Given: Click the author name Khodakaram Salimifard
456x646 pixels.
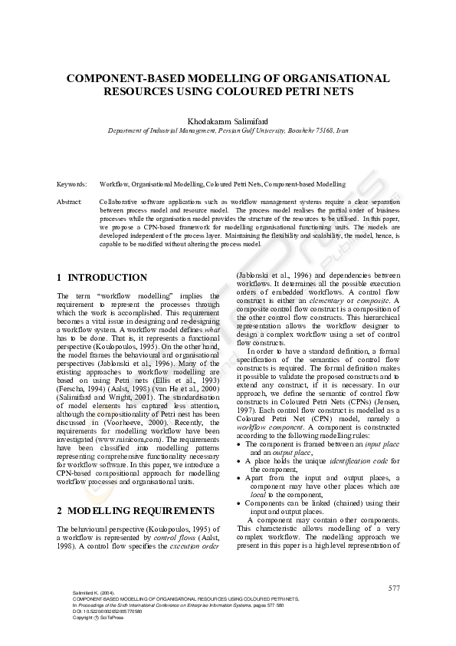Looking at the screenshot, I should click(228, 121).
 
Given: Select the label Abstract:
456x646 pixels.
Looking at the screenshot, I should click(70, 201).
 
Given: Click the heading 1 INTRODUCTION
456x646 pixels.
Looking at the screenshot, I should click(102, 277).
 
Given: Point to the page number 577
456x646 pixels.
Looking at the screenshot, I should click(394, 588).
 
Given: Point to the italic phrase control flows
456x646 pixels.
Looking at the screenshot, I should click(177, 538).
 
